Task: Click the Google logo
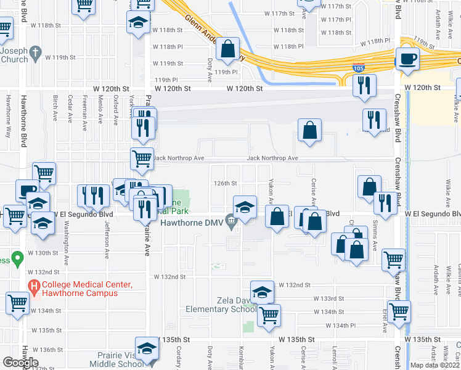pos(20,363)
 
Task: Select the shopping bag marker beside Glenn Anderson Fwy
pos(228,51)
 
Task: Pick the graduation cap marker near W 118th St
pos(136,24)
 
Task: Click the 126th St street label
pos(226,183)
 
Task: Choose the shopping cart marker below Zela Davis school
pos(269,316)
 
